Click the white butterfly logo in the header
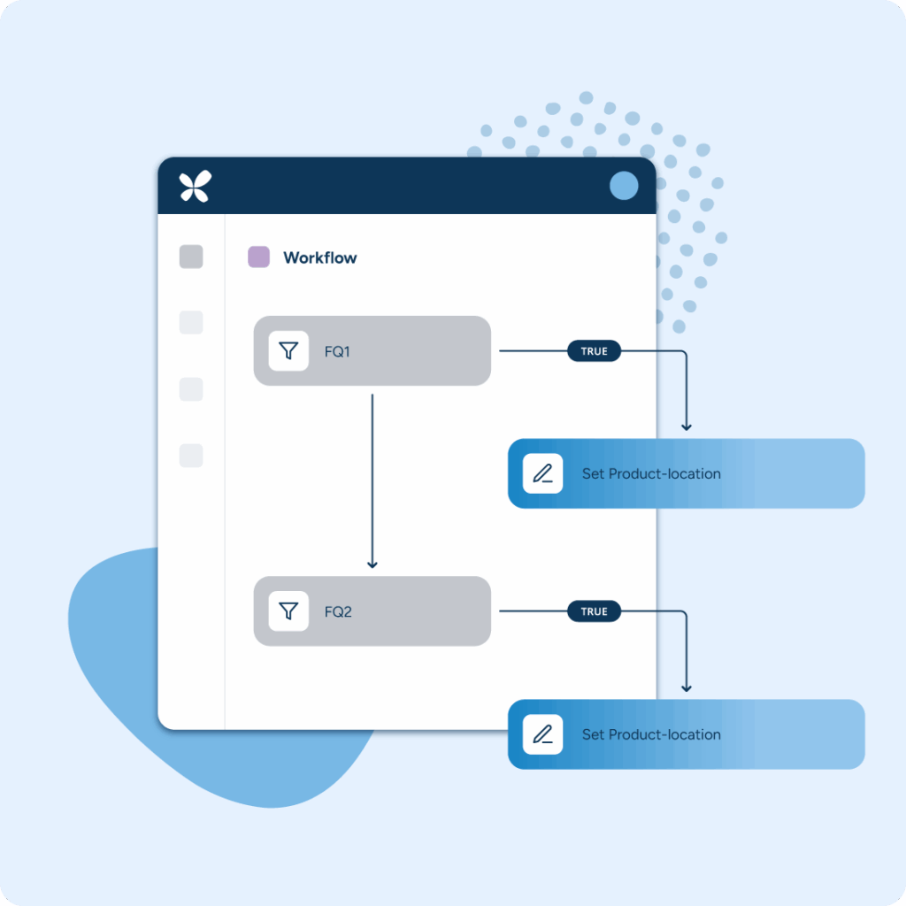click(x=196, y=186)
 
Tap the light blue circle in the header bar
click(x=624, y=186)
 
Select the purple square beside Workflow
click(x=259, y=257)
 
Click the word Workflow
click(x=319, y=257)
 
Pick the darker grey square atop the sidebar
click(x=191, y=257)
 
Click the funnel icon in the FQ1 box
click(x=288, y=350)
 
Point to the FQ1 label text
click(x=337, y=352)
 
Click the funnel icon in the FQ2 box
click(x=288, y=610)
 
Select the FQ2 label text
click(x=338, y=612)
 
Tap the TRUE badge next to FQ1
click(x=594, y=350)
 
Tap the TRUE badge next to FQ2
click(x=594, y=611)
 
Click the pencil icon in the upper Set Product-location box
click(x=542, y=474)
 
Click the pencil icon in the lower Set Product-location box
click(x=542, y=734)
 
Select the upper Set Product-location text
click(x=651, y=474)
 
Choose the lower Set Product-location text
click(x=651, y=734)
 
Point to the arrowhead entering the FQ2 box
click(x=372, y=564)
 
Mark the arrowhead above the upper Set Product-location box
click(x=687, y=427)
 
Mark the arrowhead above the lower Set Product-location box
click(x=687, y=687)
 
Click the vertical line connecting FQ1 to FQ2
click(x=372, y=480)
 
